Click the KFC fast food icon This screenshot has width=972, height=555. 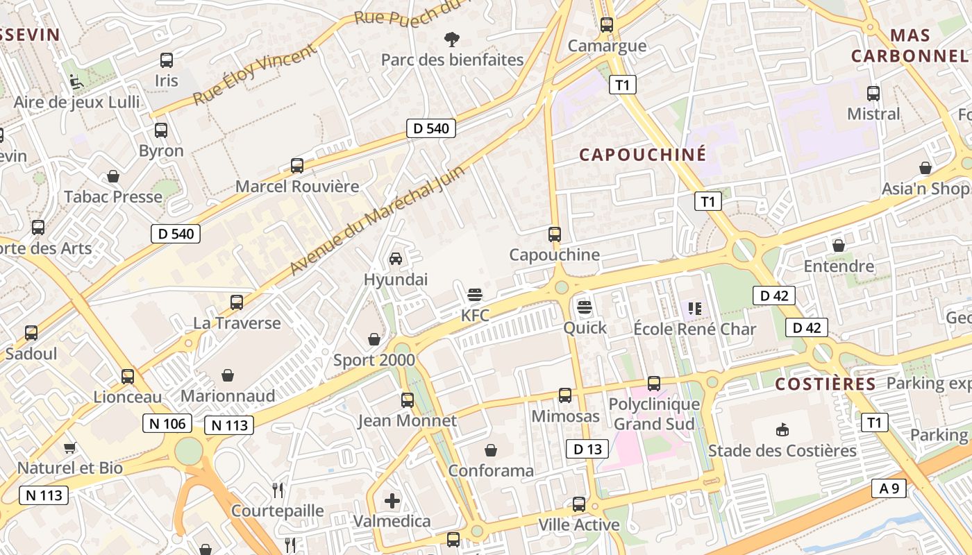coord(475,295)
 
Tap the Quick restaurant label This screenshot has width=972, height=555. coord(585,327)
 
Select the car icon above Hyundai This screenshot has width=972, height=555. coord(396,259)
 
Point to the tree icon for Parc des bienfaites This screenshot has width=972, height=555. coord(452,39)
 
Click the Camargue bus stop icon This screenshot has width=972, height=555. coord(607,25)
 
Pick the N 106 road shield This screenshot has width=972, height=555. coord(167,423)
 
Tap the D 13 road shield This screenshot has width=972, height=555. coord(587,449)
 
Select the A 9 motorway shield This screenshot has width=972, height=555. coord(889,488)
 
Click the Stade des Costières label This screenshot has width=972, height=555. coord(782,451)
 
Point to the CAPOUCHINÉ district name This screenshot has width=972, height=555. coord(642,154)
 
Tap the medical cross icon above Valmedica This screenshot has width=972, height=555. coord(392,500)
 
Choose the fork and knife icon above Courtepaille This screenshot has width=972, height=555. coord(278,490)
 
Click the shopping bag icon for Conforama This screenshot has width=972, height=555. coord(491,450)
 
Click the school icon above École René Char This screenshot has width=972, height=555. coord(694,308)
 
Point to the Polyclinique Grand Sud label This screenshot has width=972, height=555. coord(654,413)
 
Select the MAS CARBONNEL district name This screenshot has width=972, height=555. coord(910,45)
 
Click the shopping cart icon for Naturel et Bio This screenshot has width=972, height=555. coord(69,447)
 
